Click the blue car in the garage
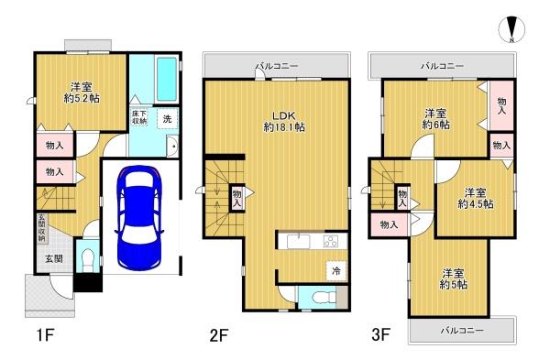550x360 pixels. point(139,218)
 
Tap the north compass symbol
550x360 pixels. point(511,29)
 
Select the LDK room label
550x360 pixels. point(284,121)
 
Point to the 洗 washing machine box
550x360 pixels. point(168,118)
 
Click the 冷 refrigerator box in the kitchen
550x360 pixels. point(336,270)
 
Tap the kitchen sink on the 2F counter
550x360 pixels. point(299,242)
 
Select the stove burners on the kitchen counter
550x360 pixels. point(330,242)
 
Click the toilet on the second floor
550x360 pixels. point(320,298)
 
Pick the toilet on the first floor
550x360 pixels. point(87,258)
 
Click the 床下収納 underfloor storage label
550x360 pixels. point(139,117)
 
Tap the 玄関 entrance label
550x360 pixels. point(54,258)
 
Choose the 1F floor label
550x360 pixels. point(45,335)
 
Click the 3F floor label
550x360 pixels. point(380,334)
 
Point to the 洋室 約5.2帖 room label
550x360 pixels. point(82,93)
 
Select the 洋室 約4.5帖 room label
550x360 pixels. point(475,198)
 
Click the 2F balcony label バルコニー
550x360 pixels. point(277,66)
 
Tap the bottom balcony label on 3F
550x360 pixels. point(462,330)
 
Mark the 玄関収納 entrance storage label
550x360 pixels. point(41,228)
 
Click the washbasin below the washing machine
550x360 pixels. point(172,146)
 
